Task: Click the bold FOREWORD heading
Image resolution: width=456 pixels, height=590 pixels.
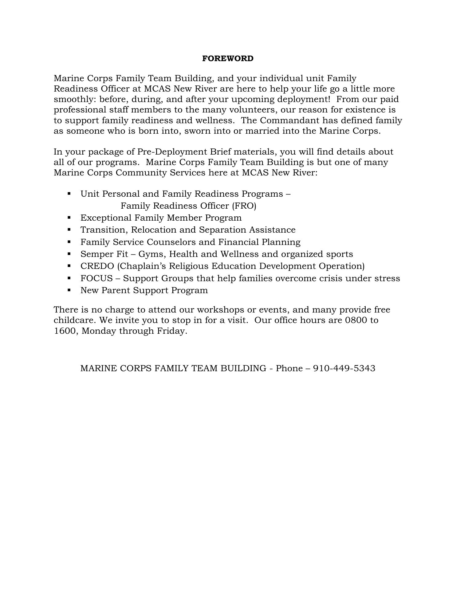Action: coord(228,58)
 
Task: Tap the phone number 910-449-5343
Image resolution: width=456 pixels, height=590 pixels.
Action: coord(344,368)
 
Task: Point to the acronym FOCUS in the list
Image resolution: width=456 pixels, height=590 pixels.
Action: coord(96,278)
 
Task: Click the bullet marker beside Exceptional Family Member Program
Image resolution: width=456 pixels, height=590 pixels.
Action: coord(69,218)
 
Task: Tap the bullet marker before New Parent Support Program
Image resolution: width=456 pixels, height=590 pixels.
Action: coord(69,290)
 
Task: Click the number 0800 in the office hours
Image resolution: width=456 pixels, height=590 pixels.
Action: coord(356,320)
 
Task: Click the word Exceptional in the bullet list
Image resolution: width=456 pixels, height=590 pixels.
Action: coord(106,218)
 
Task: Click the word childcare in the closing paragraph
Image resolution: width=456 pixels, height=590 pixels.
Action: coord(75,320)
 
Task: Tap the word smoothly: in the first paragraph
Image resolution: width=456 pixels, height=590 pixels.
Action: coord(75,99)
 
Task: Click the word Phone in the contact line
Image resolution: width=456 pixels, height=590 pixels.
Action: coord(289,368)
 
